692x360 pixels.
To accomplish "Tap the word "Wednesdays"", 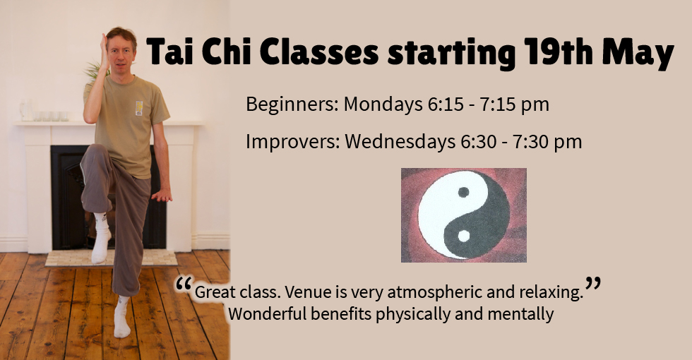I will tap(398, 141).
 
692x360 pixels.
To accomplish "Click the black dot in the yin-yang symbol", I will tap(463, 192).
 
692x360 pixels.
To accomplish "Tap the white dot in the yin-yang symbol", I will tap(463, 236).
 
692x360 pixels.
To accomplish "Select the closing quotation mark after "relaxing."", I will tap(593, 284).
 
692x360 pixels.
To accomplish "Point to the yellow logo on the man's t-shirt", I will tap(139, 107).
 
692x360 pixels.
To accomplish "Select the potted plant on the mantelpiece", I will tap(93, 71).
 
